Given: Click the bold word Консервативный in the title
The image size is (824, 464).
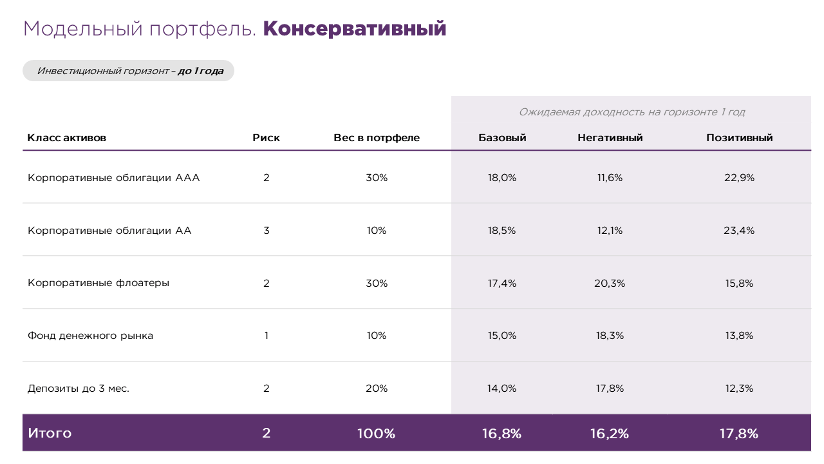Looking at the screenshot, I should pyautogui.click(x=354, y=29).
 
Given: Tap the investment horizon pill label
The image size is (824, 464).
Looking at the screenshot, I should pyautogui.click(x=129, y=71).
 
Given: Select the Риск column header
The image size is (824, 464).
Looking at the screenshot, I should pyautogui.click(x=266, y=138).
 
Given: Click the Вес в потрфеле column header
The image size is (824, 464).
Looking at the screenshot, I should pyautogui.click(x=377, y=138).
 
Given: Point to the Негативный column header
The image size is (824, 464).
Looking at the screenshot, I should pyautogui.click(x=610, y=138).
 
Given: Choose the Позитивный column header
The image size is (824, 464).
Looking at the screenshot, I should pyautogui.click(x=739, y=138).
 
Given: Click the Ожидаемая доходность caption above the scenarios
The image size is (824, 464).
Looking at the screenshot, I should pyautogui.click(x=632, y=112).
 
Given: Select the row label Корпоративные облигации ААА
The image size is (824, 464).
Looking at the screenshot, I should pyautogui.click(x=114, y=178).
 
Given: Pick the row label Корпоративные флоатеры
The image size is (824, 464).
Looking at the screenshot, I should pyautogui.click(x=98, y=283).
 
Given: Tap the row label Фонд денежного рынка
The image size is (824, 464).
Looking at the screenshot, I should pyautogui.click(x=90, y=336).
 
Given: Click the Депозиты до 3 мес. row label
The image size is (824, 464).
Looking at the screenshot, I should pyautogui.click(x=79, y=389).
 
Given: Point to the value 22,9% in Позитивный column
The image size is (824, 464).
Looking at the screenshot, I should pyautogui.click(x=739, y=178).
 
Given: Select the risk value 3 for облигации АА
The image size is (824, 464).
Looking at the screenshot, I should pyautogui.click(x=266, y=231).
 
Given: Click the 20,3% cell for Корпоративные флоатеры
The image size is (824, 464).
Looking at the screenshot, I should pyautogui.click(x=610, y=283).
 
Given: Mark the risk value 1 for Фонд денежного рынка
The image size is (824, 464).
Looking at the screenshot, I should pyautogui.click(x=266, y=336).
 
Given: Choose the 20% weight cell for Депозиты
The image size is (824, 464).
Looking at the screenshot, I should pyautogui.click(x=377, y=389).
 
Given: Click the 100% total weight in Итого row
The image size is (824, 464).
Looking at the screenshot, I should pyautogui.click(x=377, y=434).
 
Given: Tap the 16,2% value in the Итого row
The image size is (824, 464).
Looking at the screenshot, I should pyautogui.click(x=610, y=434).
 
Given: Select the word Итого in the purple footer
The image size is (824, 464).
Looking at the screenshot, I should pyautogui.click(x=50, y=434).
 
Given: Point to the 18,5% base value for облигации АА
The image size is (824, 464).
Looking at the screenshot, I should pyautogui.click(x=502, y=231).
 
